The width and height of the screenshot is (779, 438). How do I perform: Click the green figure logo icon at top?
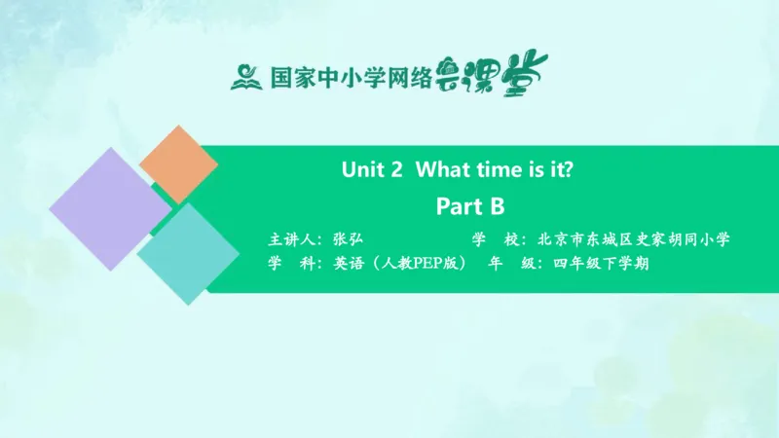coord(247,76)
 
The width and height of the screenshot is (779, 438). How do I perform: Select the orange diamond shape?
coord(178,164)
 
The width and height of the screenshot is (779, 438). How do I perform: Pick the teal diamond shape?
coord(188,253)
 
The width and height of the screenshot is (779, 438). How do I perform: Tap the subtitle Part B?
coord(469,206)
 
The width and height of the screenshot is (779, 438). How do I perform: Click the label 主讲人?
coord(292,239)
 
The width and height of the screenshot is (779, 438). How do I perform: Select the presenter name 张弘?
coord(348,239)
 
